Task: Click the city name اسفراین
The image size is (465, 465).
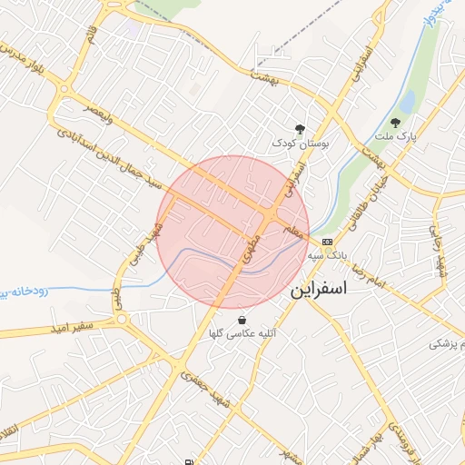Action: [325, 293]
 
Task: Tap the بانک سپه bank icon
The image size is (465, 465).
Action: [327, 243]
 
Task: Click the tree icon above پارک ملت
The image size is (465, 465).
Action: [395, 123]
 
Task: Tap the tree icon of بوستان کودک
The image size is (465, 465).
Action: [300, 130]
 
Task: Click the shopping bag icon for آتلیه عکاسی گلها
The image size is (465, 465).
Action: [242, 320]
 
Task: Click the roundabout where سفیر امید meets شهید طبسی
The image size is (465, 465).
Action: [121, 319]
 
